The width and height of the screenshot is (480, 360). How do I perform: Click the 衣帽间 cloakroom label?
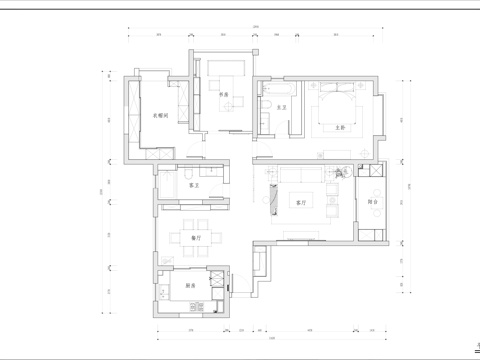pyautogui.click(x=158, y=116)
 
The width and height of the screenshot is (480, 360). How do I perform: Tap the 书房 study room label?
pyautogui.click(x=225, y=95)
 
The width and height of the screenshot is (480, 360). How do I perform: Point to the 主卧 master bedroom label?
pyautogui.click(x=340, y=127)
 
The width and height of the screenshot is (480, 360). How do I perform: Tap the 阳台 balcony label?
pyautogui.click(x=372, y=201)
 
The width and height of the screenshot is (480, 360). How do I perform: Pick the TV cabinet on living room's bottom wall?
pyautogui.click(x=299, y=235)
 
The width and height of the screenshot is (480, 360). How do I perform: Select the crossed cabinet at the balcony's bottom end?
pyautogui.click(x=371, y=233)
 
